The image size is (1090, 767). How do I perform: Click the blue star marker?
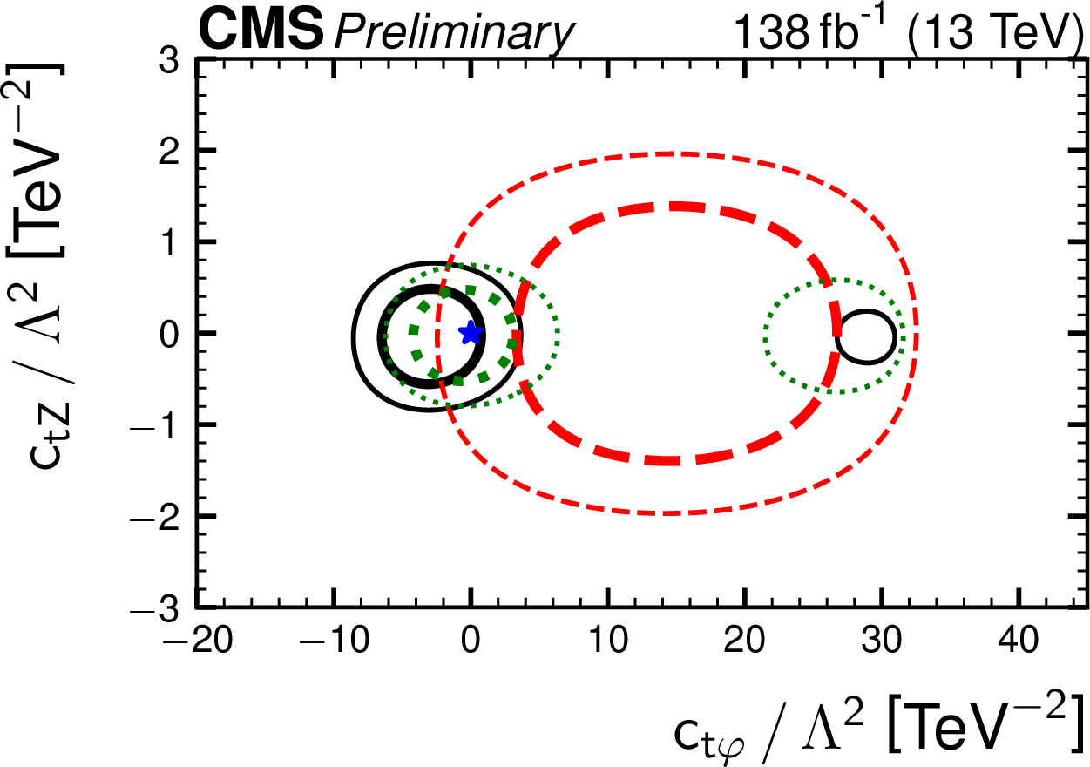click(x=471, y=332)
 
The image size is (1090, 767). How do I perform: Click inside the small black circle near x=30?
click(x=865, y=336)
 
